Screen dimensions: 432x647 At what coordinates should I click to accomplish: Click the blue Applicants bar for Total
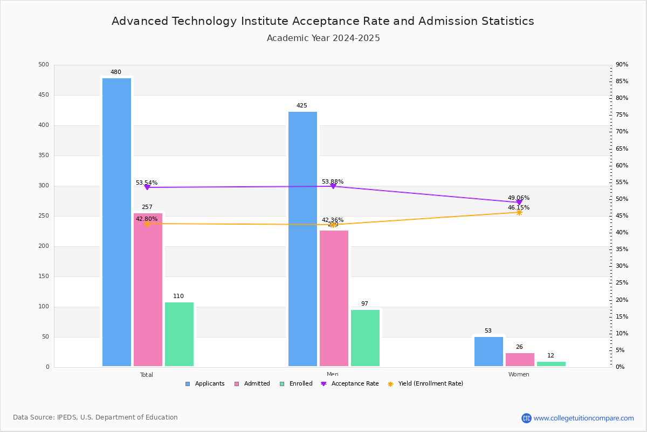[x=116, y=222]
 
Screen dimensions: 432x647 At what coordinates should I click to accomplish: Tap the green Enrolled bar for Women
[x=551, y=364]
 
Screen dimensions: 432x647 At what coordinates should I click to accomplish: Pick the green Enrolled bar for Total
[x=179, y=334]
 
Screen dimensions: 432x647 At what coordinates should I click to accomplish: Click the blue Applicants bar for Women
[x=488, y=352]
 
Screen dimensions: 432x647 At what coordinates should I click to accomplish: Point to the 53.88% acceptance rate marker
[x=333, y=186]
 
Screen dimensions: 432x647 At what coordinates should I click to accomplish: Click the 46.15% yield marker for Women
[x=519, y=212]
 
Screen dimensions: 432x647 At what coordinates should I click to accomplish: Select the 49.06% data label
[x=518, y=198]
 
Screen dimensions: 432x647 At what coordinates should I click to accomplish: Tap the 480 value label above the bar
[x=116, y=72]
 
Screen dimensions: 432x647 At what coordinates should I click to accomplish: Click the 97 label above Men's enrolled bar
[x=364, y=304]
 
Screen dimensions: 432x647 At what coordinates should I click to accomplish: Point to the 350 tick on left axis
[x=43, y=156]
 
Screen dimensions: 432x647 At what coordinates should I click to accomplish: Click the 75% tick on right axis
[x=622, y=115]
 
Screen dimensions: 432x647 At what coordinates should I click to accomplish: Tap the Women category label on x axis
[x=519, y=375]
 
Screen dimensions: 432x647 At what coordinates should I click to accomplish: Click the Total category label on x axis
[x=147, y=375]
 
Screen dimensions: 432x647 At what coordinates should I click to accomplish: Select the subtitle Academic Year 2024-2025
[x=323, y=38]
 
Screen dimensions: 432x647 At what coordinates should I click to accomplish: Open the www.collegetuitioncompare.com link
[x=583, y=418]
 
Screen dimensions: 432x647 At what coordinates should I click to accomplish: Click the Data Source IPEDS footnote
[x=95, y=417]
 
